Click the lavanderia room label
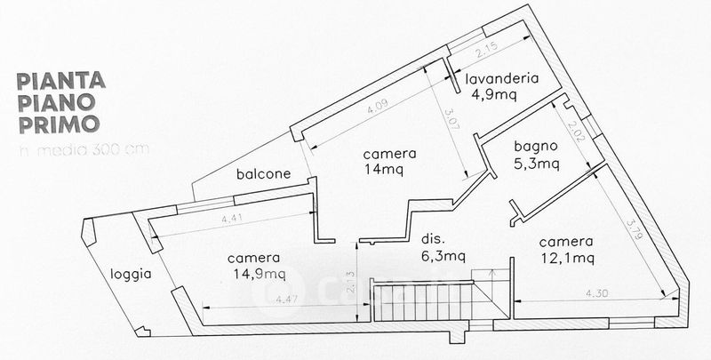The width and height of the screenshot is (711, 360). pyautogui.click(x=504, y=78)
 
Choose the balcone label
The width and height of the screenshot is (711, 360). pyautogui.click(x=263, y=174)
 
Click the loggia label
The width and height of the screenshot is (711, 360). pyautogui.click(x=130, y=274)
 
